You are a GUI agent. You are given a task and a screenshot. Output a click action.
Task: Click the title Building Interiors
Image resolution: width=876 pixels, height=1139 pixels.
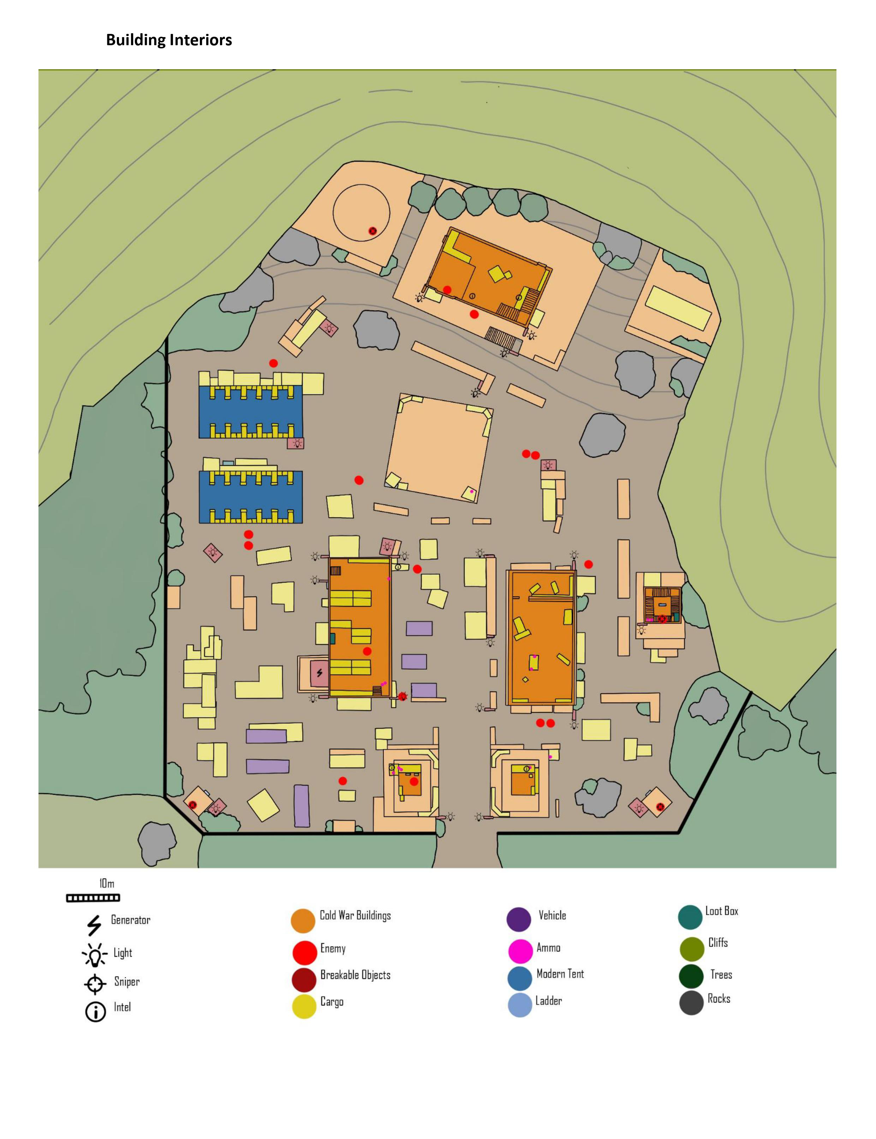(169, 40)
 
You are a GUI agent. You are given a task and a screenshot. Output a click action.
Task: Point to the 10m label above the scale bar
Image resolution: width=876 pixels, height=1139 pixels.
(107, 883)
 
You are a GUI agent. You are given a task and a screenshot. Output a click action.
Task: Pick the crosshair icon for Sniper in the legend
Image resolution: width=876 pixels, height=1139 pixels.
(95, 984)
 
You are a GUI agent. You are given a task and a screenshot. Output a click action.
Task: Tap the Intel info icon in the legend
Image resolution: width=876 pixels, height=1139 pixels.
(95, 1012)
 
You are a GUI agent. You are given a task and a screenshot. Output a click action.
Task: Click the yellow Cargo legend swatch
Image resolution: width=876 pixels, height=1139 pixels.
(304, 1007)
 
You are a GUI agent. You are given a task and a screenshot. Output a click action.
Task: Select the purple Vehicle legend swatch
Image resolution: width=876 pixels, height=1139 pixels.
(519, 919)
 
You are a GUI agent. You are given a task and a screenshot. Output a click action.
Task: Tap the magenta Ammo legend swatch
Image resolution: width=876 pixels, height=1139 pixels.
(520, 951)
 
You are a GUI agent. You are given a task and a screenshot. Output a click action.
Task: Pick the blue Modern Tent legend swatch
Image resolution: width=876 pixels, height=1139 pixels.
(520, 978)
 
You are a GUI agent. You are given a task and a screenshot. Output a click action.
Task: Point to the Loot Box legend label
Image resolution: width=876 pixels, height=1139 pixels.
(722, 911)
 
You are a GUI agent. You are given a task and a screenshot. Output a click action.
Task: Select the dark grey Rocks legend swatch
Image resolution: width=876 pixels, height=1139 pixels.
(691, 1002)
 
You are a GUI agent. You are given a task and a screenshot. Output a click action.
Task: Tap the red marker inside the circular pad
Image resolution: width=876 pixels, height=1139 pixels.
(372, 231)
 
